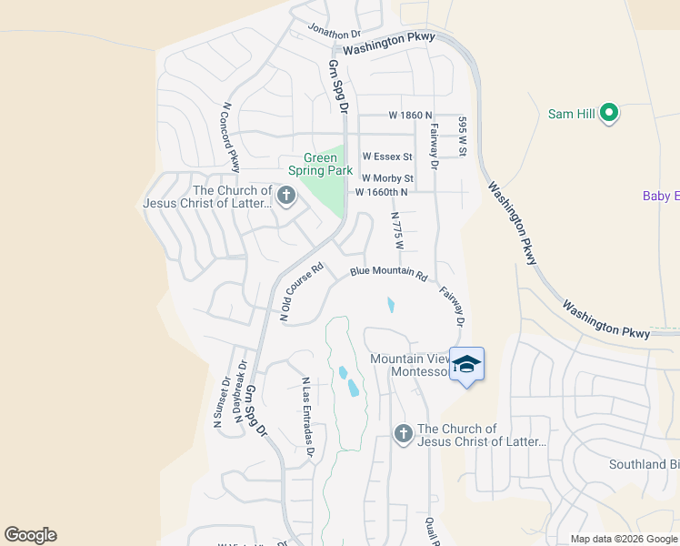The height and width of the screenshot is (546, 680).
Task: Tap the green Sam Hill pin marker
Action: (610, 114)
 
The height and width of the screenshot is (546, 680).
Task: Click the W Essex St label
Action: (387, 157)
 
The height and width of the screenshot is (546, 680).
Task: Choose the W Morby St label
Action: (387, 178)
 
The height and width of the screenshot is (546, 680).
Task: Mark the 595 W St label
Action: (462, 136)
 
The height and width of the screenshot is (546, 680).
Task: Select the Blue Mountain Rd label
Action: (388, 272)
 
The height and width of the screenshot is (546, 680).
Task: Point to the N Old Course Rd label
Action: (302, 293)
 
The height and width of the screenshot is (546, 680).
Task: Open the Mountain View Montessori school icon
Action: (466, 365)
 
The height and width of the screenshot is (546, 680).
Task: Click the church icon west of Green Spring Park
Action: (285, 196)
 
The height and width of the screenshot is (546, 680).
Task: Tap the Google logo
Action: (30, 535)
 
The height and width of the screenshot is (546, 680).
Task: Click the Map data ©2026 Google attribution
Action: (623, 539)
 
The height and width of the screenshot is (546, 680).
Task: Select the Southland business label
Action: (644, 464)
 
